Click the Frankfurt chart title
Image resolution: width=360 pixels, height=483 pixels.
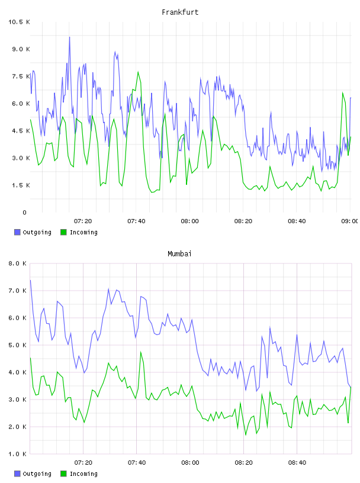point(180,12)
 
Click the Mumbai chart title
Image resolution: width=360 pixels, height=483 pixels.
point(179,253)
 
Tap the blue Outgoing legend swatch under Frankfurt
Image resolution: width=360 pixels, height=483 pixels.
point(17,232)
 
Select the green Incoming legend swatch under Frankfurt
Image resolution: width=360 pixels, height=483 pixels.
point(63,232)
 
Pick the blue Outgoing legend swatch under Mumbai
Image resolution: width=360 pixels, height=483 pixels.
point(17,474)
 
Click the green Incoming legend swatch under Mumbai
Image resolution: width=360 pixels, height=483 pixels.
point(63,474)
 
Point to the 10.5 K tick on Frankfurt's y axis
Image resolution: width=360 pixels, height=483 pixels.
point(19,22)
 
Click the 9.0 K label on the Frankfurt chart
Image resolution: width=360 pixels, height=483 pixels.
point(21,49)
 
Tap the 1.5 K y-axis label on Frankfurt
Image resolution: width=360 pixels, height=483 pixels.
point(21,185)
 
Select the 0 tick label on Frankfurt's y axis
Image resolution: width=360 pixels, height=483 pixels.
point(25,212)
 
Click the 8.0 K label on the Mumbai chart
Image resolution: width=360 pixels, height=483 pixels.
point(17,263)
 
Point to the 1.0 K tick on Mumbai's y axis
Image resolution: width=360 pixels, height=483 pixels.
point(17,454)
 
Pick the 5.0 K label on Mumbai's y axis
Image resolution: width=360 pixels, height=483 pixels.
point(17,345)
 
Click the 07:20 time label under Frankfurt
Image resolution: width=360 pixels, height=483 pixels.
point(83,221)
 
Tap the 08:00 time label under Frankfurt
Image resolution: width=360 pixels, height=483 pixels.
point(190,221)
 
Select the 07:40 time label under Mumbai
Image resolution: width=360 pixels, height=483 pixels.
point(137,462)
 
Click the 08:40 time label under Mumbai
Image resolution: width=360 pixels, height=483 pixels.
point(297,462)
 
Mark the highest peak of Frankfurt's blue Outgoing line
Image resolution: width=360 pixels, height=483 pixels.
point(70,37)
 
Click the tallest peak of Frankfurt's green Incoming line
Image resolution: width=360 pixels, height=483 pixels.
point(138,72)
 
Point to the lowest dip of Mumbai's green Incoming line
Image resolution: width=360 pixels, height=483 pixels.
point(246,435)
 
